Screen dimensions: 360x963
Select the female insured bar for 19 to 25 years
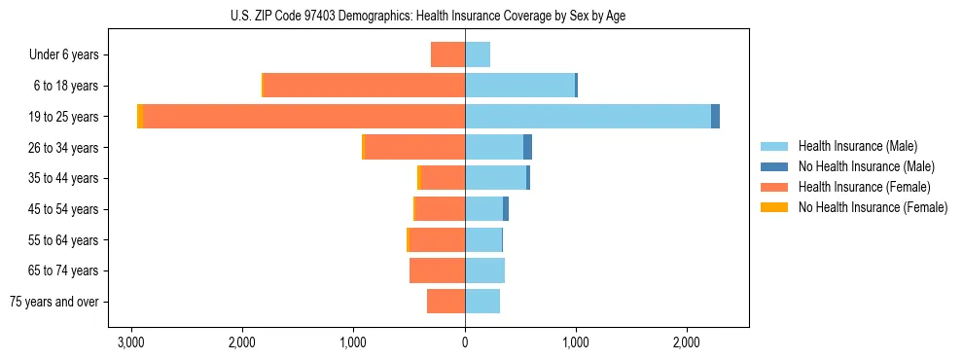point(303,116)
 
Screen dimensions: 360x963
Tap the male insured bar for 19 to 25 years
point(588,116)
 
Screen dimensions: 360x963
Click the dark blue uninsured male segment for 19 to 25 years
point(715,116)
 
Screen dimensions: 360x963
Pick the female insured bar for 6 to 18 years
point(364,85)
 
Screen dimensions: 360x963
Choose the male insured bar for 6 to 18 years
point(519,85)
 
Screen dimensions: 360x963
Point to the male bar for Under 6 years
point(478,54)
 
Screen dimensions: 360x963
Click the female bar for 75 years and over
point(446,302)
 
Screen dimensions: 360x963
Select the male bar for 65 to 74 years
point(484,270)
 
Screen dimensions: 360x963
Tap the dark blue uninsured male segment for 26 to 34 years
point(527,147)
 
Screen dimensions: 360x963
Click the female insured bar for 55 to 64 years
point(437,239)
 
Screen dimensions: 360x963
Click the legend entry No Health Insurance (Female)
point(873,207)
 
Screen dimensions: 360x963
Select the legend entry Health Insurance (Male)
point(858,146)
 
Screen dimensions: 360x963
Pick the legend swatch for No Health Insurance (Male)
point(775,166)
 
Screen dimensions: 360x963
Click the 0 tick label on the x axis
point(465,342)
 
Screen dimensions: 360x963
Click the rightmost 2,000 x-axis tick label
point(686,342)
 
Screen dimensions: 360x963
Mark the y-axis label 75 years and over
point(54,302)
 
